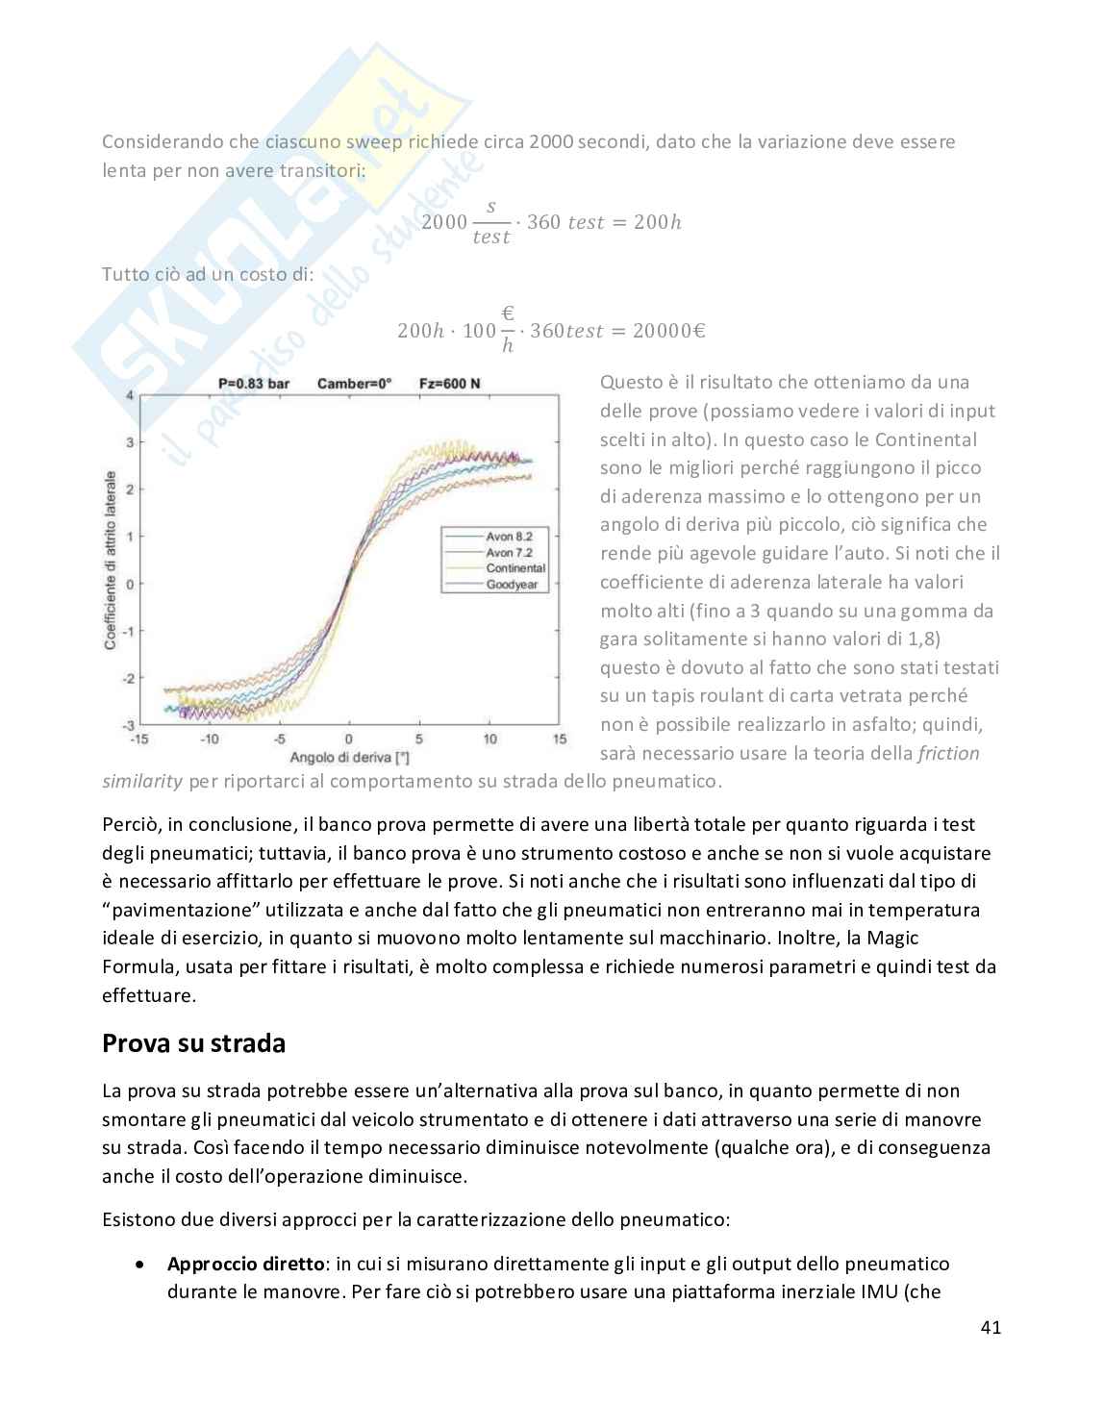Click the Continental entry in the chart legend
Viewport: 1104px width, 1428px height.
pos(515,568)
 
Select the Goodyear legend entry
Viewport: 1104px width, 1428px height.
pos(512,585)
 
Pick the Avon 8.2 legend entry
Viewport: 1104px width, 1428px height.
pos(509,537)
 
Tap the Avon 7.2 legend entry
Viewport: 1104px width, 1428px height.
pos(509,553)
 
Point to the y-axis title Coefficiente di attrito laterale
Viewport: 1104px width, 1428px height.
pos(111,560)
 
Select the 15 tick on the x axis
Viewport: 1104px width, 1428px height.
pos(559,739)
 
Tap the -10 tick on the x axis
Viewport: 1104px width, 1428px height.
pos(209,739)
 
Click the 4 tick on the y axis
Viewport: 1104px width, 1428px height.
pos(130,395)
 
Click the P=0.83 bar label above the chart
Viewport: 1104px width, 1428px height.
pos(254,384)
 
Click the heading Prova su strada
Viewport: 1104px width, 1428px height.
pos(193,1043)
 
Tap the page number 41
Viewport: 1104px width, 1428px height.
pos(991,1328)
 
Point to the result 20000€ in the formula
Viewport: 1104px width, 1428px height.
pos(670,331)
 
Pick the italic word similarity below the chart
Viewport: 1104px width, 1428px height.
pos(142,781)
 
